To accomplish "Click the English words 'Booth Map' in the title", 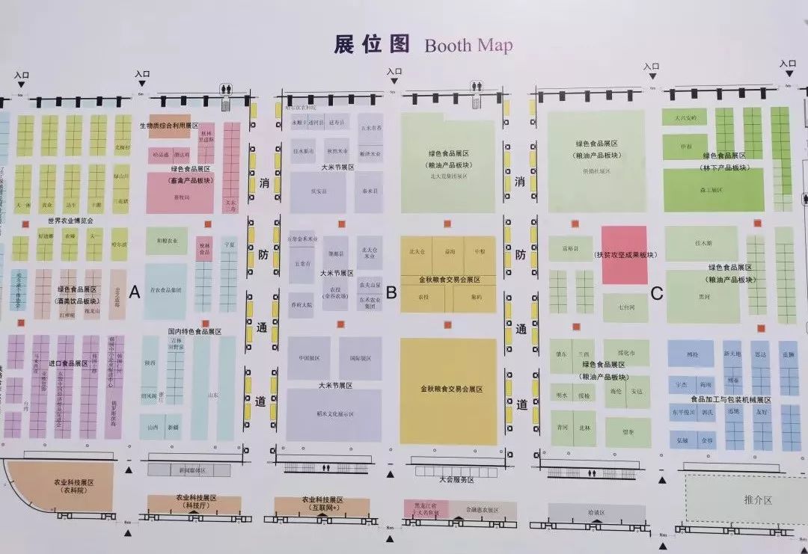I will [468, 46].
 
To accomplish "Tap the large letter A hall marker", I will [135, 292].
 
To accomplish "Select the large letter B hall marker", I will [391, 292].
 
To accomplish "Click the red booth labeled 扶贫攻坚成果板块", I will [624, 255].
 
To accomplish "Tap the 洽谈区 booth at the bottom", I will [596, 513].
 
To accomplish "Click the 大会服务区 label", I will [456, 479].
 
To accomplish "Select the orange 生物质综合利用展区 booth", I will [169, 126].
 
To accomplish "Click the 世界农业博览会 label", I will [70, 221].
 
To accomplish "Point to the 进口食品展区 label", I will [64, 363].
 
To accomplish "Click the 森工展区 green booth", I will [713, 190].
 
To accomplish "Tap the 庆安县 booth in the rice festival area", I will [318, 191].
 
